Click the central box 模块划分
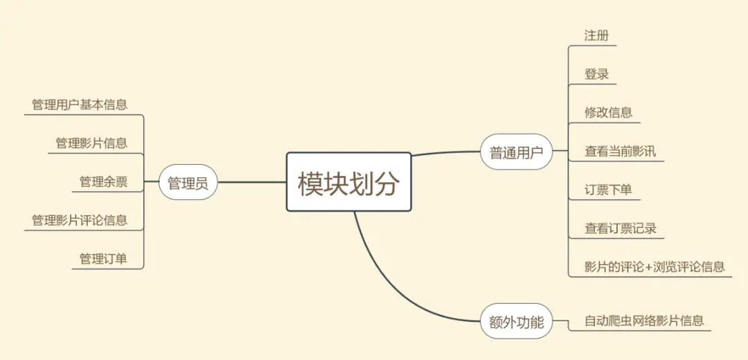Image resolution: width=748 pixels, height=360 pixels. pyautogui.click(x=349, y=182)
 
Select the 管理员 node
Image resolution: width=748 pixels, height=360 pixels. pyautogui.click(x=188, y=183)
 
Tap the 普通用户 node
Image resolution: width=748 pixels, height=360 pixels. pyautogui.click(x=516, y=152)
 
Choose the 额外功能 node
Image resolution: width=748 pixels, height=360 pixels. pyautogui.click(x=516, y=321)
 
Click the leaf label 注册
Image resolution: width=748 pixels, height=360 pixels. pyautogui.click(x=596, y=35)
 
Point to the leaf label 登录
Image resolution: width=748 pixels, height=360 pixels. pyautogui.click(x=596, y=74)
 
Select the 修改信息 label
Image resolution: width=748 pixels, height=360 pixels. pyautogui.click(x=608, y=112)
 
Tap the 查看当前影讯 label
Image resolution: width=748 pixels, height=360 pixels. pyautogui.click(x=620, y=151)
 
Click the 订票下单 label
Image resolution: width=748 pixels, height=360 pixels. pyautogui.click(x=608, y=189)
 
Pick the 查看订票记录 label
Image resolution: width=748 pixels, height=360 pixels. pyautogui.click(x=620, y=228)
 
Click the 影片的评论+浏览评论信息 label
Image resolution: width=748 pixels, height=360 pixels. pyautogui.click(x=654, y=266)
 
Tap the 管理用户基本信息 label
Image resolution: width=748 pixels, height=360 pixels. pyautogui.click(x=80, y=105)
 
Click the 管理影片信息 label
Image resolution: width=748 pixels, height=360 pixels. pyautogui.click(x=91, y=143)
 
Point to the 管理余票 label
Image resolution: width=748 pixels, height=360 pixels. pyautogui.click(x=103, y=181)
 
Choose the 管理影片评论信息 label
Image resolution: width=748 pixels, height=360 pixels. pyautogui.click(x=80, y=220)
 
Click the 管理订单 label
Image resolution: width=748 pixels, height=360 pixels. pyautogui.click(x=103, y=259)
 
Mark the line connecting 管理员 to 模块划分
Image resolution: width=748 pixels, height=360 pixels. pyautogui.click(x=252, y=183)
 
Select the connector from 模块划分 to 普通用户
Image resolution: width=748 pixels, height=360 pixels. pyautogui.click(x=447, y=152)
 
